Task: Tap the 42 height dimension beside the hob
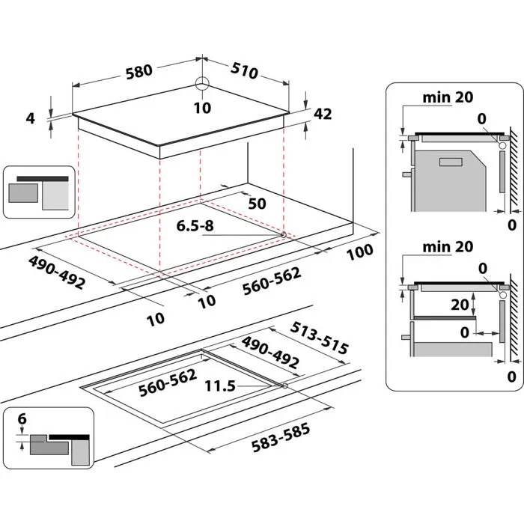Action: click(322, 115)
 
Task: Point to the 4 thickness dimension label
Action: click(30, 118)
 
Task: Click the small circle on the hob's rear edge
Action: click(203, 84)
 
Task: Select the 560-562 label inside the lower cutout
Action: click(166, 382)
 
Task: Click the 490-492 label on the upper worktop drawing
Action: click(57, 272)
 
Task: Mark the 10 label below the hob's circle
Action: click(202, 108)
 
